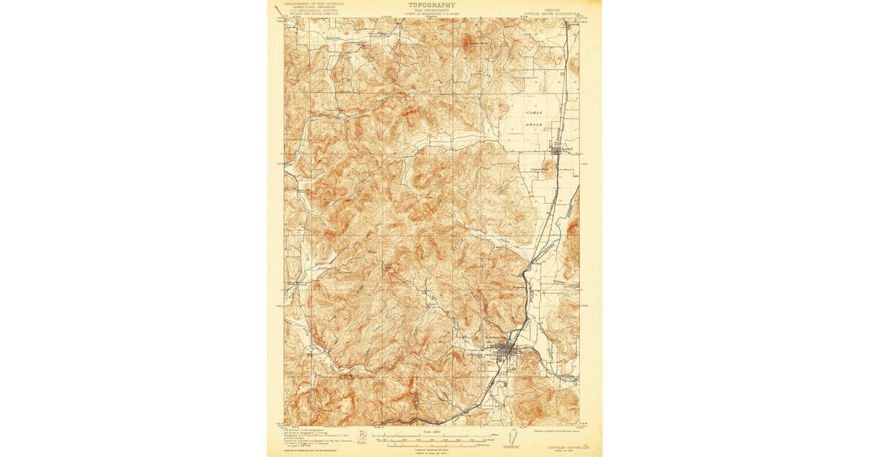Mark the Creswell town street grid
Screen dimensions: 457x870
pos(557,149)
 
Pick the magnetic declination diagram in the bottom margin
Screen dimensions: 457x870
pos(515,437)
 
